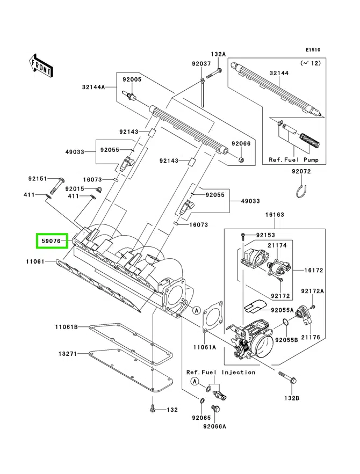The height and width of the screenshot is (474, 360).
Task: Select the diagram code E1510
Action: (313, 50)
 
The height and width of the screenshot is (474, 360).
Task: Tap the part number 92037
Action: (201, 64)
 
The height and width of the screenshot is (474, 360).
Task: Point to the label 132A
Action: (218, 54)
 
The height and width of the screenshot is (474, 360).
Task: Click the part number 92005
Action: (131, 79)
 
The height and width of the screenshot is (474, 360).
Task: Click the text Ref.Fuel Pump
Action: (293, 160)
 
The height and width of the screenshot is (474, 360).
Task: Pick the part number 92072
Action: (301, 172)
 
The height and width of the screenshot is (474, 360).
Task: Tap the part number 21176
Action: (310, 337)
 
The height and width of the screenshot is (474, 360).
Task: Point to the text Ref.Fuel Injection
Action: (221, 372)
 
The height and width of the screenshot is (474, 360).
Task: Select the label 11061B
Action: (66, 327)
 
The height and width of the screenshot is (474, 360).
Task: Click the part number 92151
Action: (38, 179)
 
